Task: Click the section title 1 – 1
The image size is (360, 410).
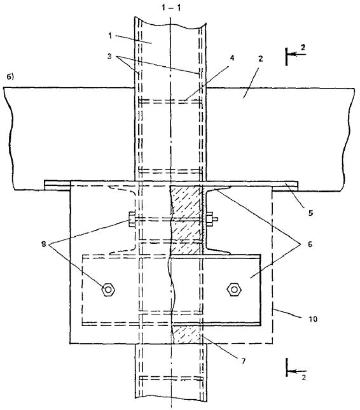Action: (171, 8)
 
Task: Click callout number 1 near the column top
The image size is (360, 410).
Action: (110, 36)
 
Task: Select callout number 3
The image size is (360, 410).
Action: (109, 56)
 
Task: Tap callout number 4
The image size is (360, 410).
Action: (232, 58)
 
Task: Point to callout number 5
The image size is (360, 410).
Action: (310, 213)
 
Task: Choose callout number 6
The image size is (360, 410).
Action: (310, 244)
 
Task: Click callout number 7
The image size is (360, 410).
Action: (244, 361)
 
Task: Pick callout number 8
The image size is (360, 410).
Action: (44, 244)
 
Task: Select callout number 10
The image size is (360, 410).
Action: (313, 319)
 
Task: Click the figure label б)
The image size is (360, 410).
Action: (10, 77)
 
